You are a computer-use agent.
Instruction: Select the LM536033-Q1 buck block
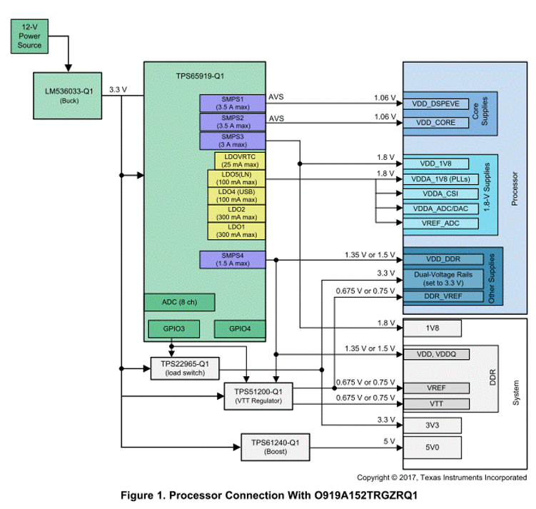(x=69, y=95)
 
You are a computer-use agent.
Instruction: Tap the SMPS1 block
(x=233, y=103)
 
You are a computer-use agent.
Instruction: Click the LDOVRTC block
(x=240, y=160)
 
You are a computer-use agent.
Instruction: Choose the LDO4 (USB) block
(x=236, y=196)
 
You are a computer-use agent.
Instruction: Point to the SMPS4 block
(x=233, y=260)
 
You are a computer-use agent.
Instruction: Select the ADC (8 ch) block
(x=179, y=302)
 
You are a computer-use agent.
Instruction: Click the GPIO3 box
(x=171, y=329)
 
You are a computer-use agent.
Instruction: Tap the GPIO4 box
(x=240, y=329)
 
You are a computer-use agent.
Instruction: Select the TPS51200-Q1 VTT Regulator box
(x=258, y=395)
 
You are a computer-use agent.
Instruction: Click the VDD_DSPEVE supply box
(x=435, y=103)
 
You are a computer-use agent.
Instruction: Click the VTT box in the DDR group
(x=435, y=404)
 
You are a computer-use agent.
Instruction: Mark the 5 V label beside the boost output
(x=388, y=442)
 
